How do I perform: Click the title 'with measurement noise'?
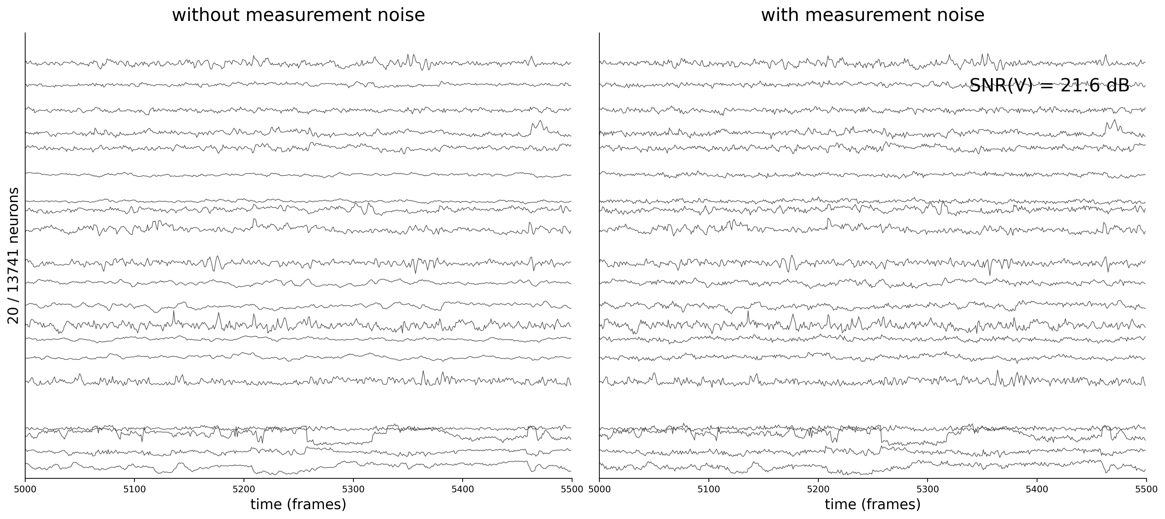point(872,15)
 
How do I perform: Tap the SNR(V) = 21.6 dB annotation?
point(1049,85)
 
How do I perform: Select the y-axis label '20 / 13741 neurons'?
point(14,256)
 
